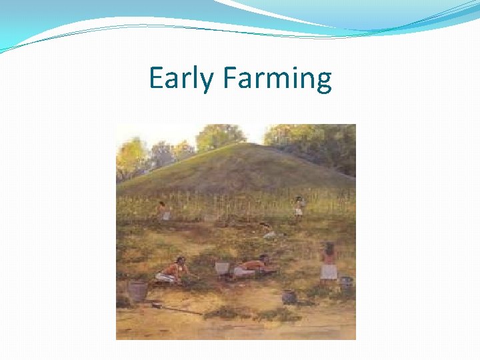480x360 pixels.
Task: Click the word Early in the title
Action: pos(182,79)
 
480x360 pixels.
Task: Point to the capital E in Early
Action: pos(156,78)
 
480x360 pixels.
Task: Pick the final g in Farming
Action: pos(323,82)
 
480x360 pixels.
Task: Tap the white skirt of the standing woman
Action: pos(329,271)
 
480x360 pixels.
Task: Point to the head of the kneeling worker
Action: pos(180,260)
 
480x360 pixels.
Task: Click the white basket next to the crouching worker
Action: pos(222,267)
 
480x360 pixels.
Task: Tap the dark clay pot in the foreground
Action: pos(289,297)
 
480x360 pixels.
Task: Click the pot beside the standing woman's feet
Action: pos(345,283)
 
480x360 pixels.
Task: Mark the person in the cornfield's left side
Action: pos(162,210)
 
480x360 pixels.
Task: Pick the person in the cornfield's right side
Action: pos(300,207)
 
